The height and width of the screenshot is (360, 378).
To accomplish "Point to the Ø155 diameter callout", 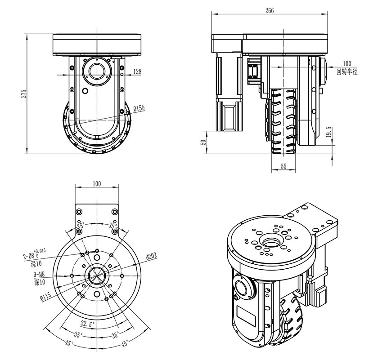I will pyautogui.click(x=139, y=108).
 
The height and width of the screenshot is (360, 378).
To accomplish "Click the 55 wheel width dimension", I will pyautogui.click(x=283, y=166).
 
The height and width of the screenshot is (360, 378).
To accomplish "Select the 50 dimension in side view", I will pyautogui.click(x=203, y=142).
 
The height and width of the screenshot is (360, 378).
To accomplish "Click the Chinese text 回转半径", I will pyautogui.click(x=346, y=71).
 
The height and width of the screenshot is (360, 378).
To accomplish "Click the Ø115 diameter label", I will pyautogui.click(x=46, y=297).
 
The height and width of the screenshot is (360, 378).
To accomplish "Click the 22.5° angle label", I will pyautogui.click(x=87, y=323).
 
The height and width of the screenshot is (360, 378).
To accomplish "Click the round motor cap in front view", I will pyautogui.click(x=97, y=71).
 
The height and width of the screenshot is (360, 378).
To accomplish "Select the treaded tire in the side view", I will pyautogui.click(x=283, y=121).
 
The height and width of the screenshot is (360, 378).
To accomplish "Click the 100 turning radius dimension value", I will pyautogui.click(x=346, y=63).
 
